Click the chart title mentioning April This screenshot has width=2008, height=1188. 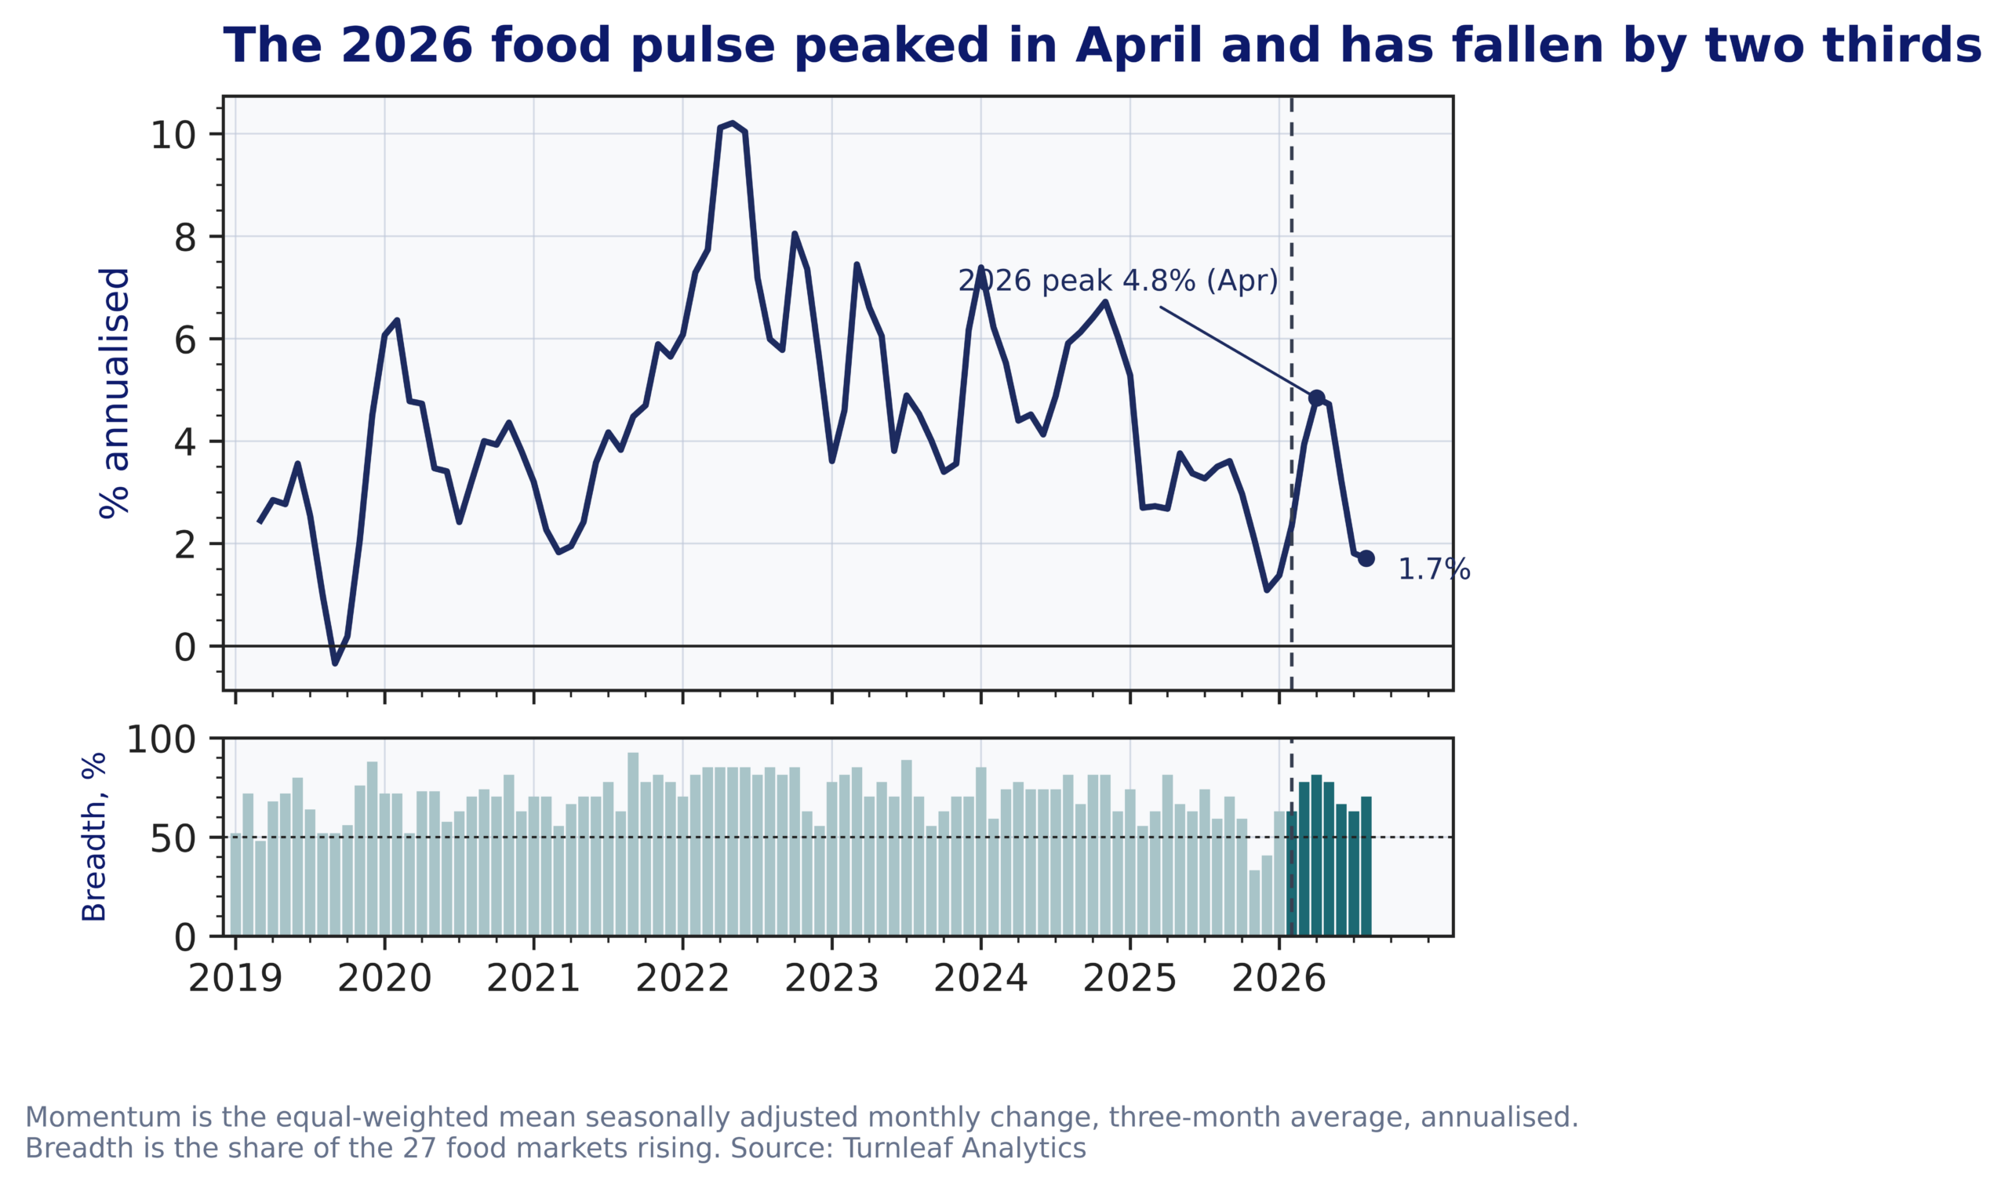click(x=1103, y=45)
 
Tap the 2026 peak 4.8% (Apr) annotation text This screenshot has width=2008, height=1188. click(x=1118, y=281)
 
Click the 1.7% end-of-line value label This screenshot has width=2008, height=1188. click(x=1434, y=569)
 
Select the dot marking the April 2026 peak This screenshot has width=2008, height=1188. click(x=1316, y=398)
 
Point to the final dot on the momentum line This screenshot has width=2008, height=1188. click(x=1366, y=559)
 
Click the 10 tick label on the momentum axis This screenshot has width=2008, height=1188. click(x=173, y=136)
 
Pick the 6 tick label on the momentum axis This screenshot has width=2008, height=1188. click(x=185, y=340)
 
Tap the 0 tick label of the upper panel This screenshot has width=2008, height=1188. click(x=185, y=648)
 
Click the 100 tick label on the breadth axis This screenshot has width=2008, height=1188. click(x=161, y=739)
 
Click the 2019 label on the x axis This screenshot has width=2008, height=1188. click(x=235, y=979)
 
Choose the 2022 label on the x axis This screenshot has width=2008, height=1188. click(x=682, y=979)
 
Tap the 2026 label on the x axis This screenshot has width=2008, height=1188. click(x=1279, y=979)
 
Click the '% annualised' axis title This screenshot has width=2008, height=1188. click(x=115, y=393)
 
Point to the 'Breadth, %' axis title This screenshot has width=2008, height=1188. click(x=94, y=837)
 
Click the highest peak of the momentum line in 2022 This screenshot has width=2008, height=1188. click(x=733, y=123)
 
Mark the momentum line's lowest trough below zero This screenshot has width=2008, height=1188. click(x=336, y=663)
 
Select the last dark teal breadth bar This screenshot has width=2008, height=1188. click(x=1366, y=866)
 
